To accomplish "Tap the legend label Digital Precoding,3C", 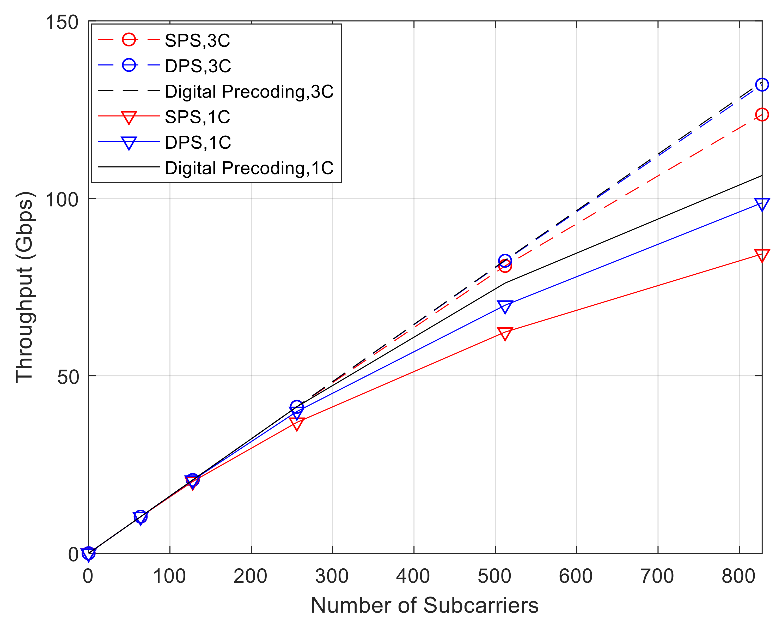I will [249, 92].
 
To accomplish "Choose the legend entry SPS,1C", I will [197, 117].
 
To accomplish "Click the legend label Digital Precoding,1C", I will [249, 168].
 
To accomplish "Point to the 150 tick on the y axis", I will [62, 22].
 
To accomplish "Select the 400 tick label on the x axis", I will [413, 576].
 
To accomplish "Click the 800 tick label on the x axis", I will [738, 576].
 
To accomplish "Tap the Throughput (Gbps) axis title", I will [25, 287].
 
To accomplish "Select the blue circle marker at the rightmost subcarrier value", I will [762, 85].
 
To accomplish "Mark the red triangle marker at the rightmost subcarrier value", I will [762, 255].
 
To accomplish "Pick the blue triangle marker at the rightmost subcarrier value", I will [762, 204].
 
